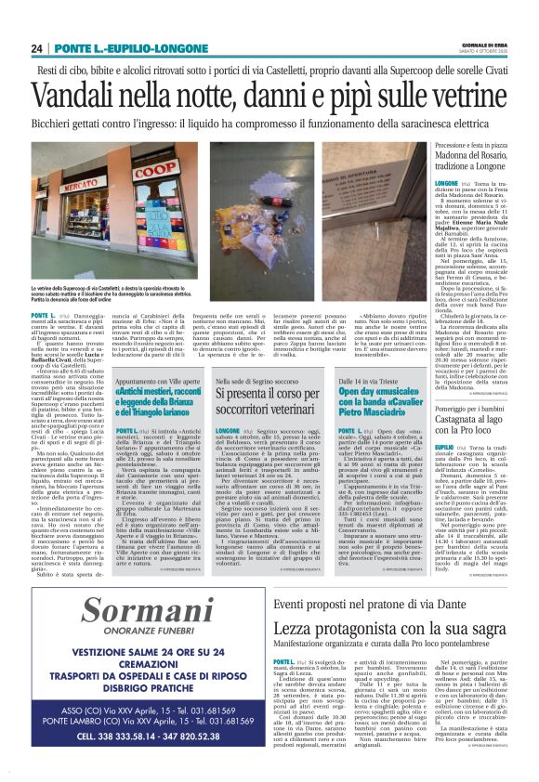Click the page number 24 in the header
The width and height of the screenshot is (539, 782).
pos(36,48)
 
